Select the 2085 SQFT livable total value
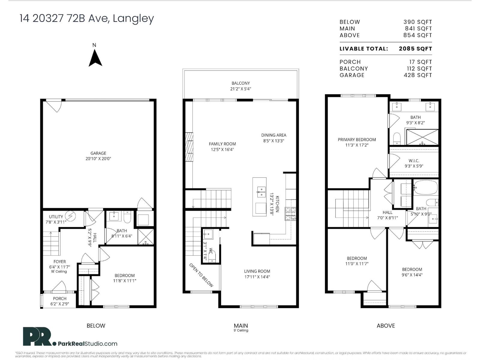pos(415,49)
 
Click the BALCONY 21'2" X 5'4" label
pos(241,86)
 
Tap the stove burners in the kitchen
pos(290,214)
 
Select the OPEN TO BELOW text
pos(201,275)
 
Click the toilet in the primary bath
pos(397,138)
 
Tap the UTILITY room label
pos(56,217)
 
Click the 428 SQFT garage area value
pos(418,75)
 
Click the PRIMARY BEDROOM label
pos(357,139)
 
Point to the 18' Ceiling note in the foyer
pos(59,271)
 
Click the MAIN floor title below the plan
pos(241,325)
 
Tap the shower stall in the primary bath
pos(422,137)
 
